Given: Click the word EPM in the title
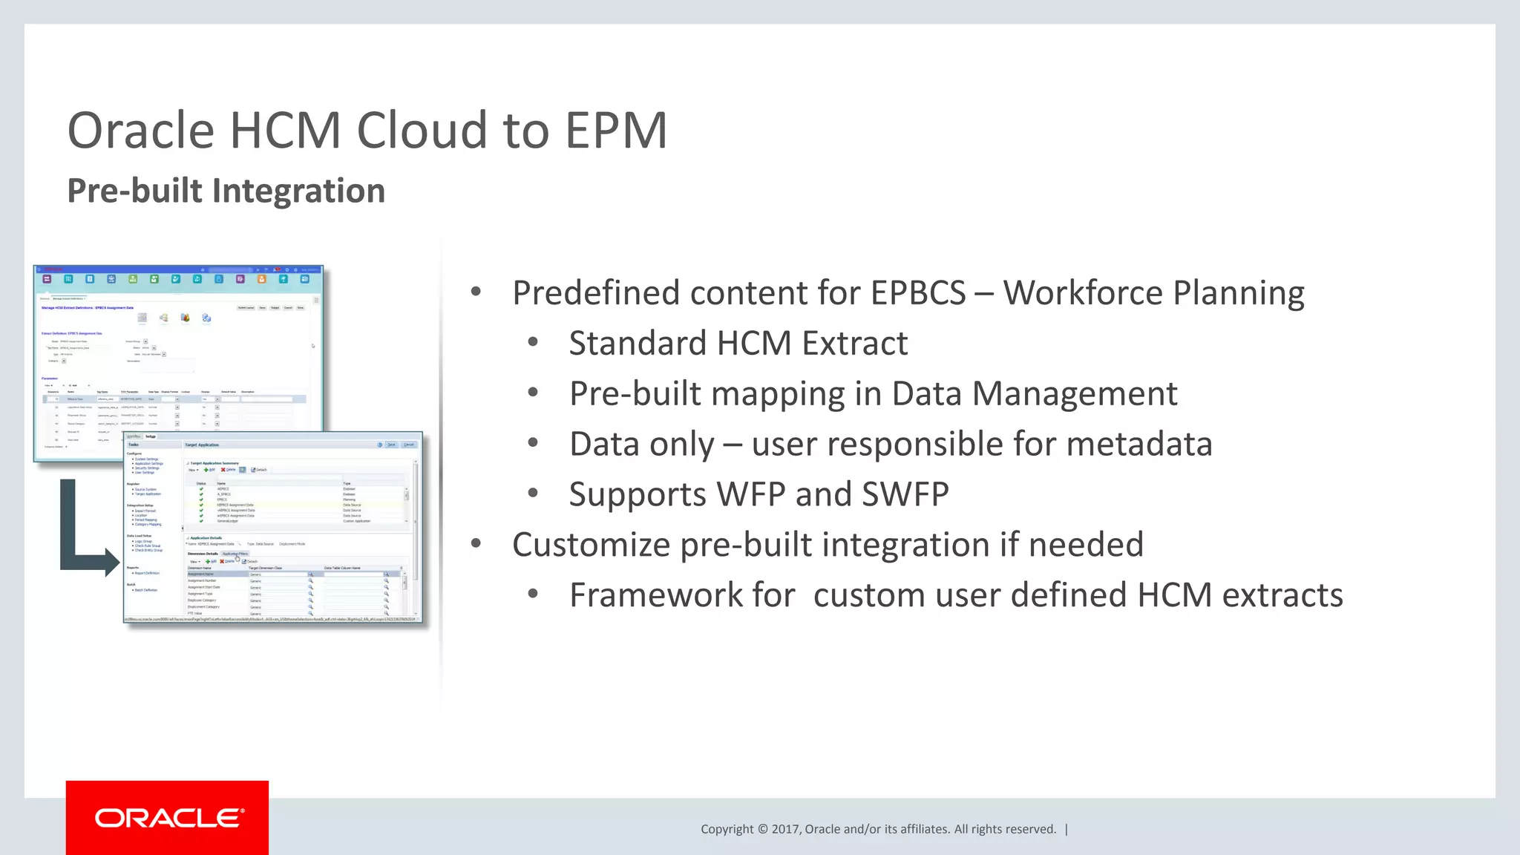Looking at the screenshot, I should point(616,131).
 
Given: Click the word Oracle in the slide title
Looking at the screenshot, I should point(141,131).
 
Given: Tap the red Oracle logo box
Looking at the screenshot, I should point(167,817).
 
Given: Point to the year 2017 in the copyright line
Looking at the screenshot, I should point(784,829).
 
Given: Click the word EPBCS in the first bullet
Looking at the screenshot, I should point(918,293).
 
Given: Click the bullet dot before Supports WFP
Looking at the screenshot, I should point(533,493).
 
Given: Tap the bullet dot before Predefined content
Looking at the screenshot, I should point(476,292).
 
